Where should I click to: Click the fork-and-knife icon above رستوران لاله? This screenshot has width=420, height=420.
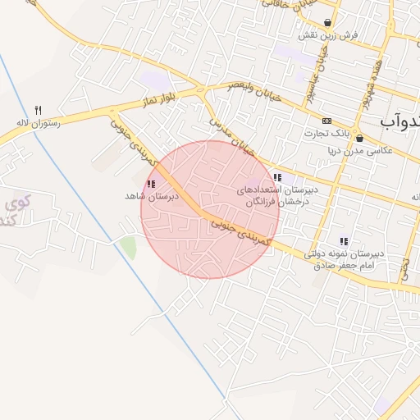(38, 109)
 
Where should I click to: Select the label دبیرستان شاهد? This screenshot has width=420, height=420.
(146, 196)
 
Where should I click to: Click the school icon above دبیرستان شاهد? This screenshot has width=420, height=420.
(151, 185)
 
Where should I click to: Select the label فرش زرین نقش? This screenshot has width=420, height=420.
(320, 36)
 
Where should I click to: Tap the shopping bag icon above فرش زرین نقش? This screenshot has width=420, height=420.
(328, 23)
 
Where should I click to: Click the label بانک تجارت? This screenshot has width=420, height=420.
(349, 133)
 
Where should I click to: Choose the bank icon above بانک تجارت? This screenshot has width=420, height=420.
(327, 121)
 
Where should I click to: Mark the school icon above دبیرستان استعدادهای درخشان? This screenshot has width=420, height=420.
(277, 177)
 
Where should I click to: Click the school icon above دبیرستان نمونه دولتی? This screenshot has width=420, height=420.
(343, 241)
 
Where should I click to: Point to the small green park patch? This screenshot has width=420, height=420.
(127, 245)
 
